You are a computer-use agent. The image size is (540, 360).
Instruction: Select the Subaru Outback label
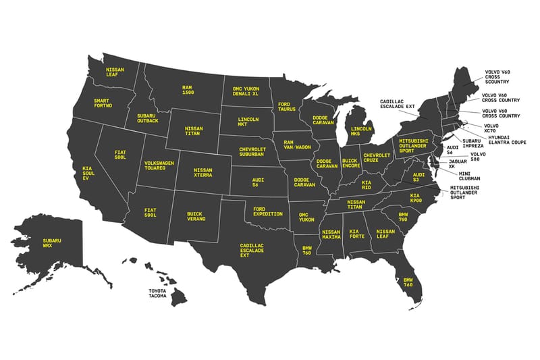coord(146,120)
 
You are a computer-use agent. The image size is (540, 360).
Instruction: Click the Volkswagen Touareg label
coord(159,166)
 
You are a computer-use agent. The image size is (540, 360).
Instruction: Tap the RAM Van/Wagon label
coord(297,146)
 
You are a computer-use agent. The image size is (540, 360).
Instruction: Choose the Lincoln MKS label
coord(361,130)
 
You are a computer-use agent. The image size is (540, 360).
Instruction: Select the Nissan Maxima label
coord(331,236)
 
